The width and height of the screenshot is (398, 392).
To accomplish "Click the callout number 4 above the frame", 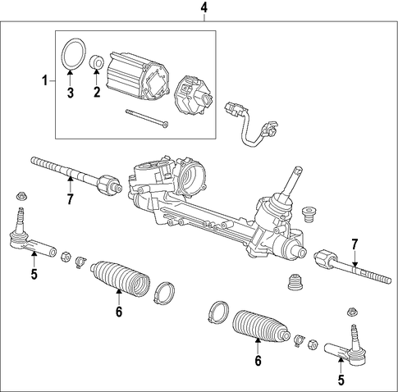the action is pos(204,8).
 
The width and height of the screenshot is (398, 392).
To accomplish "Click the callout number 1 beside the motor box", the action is pos(45,81).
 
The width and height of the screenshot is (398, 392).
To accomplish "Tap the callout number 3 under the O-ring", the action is pos(71,93).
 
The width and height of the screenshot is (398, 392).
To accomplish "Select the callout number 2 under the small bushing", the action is pos(97,92).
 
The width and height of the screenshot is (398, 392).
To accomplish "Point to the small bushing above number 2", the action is pos(97,62).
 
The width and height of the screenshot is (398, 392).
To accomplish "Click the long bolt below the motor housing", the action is pos(147,118).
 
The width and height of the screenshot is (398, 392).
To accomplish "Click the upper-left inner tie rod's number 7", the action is pos(71,198).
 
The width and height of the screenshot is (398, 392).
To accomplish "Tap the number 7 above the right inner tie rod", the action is pos(355,244).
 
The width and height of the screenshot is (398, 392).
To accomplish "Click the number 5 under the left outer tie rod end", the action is pos(34,274).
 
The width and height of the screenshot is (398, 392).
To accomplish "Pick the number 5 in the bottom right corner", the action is pos(341,380).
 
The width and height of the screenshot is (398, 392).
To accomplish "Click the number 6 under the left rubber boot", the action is pos(118,312).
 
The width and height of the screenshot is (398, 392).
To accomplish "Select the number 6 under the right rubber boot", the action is pos(258,361).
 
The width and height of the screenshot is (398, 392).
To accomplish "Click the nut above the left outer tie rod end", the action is pos(21,196).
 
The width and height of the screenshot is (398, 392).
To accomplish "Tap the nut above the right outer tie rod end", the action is pos(351,312).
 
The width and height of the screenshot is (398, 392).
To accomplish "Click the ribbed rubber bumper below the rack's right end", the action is pos(296,282).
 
